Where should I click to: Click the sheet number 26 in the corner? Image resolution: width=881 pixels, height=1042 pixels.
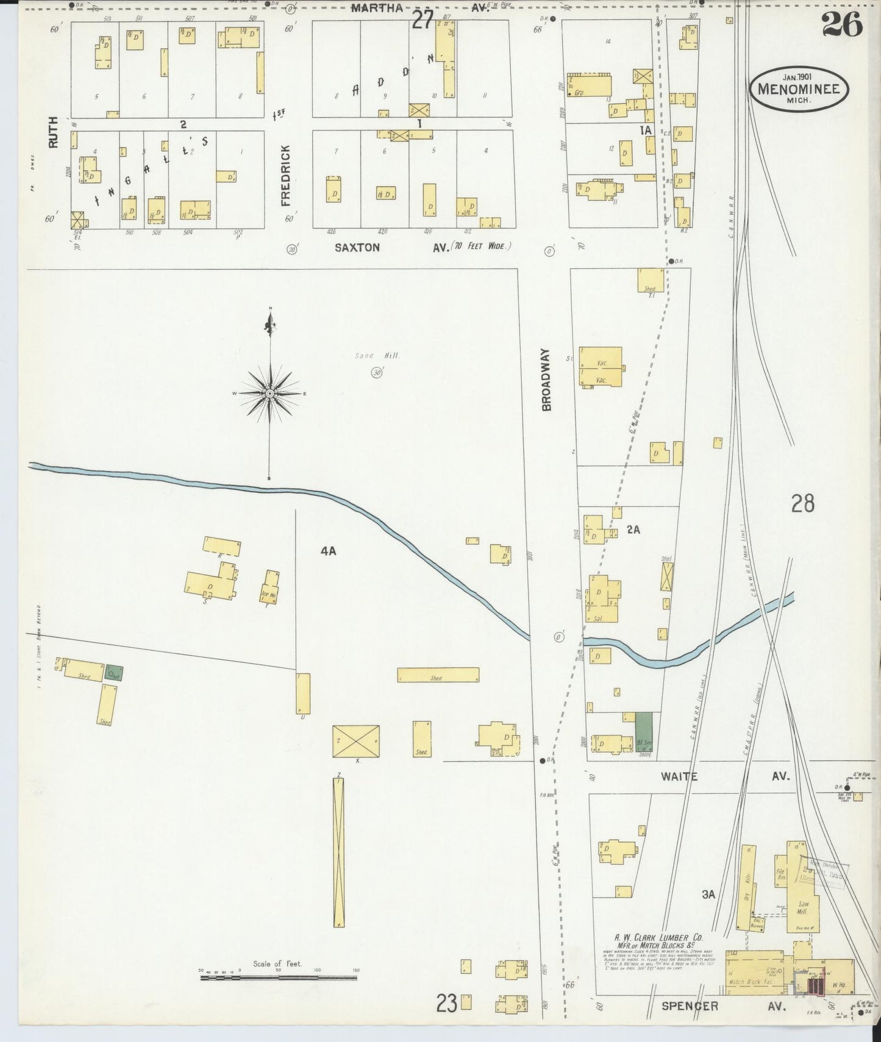pyautogui.click(x=842, y=24)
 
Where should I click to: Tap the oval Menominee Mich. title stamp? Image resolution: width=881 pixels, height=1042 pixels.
pyautogui.click(x=798, y=90)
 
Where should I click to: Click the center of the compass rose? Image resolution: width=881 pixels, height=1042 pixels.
pyautogui.click(x=269, y=394)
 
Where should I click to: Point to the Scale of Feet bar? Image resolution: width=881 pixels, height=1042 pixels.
pyautogui.click(x=279, y=977)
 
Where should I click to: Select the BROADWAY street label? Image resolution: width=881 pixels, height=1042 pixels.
pyautogui.click(x=546, y=379)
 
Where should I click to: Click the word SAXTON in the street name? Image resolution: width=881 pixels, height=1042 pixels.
pyautogui.click(x=357, y=247)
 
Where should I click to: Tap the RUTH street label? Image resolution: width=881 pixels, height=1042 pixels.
pyautogui.click(x=54, y=132)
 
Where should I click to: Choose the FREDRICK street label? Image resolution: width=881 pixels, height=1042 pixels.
pyautogui.click(x=285, y=175)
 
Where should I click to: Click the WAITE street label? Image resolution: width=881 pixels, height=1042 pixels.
pyautogui.click(x=679, y=776)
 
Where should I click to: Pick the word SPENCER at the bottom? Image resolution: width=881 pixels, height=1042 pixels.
pyautogui.click(x=690, y=1006)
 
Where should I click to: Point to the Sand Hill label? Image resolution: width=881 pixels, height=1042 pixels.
pyautogui.click(x=377, y=356)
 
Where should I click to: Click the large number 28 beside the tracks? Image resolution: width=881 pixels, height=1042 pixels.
pyautogui.click(x=802, y=504)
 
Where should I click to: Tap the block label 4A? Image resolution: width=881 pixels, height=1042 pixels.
pyautogui.click(x=328, y=551)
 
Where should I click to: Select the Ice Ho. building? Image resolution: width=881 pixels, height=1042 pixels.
pyautogui.click(x=270, y=589)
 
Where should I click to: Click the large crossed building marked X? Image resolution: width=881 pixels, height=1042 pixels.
pyautogui.click(x=356, y=741)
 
